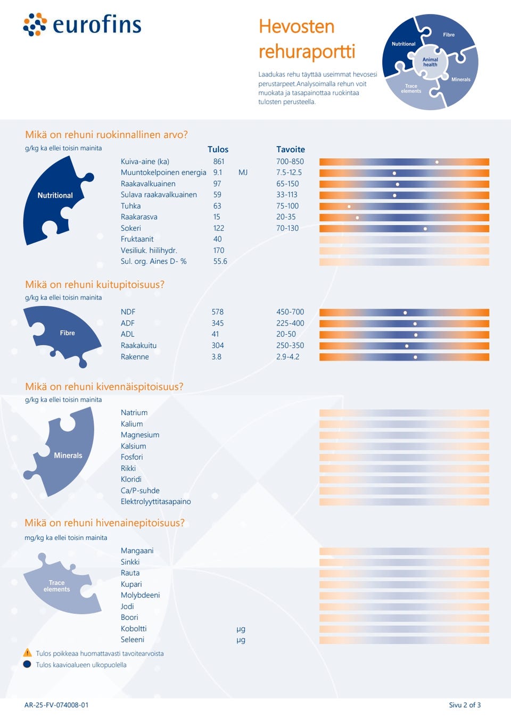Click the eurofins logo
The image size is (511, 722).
pos(83,24)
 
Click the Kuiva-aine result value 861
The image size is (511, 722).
pos(219,162)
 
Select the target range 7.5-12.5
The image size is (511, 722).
pos(289,173)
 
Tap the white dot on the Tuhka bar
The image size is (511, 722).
pos(349,206)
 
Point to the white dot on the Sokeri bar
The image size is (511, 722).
pos(425,229)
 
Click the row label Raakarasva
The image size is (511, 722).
pos(139,217)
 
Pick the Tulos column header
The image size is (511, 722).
pos(218,150)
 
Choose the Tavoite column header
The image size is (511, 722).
pos(291,150)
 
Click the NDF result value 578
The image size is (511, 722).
pos(217,312)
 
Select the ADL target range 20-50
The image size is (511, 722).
pos(286,334)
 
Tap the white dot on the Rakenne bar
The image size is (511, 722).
pos(415,357)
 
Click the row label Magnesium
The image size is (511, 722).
pos(140,435)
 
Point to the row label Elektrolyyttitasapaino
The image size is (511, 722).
pos(155,502)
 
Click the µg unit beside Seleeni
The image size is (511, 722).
pos(241,640)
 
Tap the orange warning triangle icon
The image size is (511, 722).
pos(28,653)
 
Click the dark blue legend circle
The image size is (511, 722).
pos(27,664)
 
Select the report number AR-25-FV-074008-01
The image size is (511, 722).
pos(56,705)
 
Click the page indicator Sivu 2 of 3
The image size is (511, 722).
pos(465,705)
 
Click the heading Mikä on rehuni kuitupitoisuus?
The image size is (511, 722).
pos(95,285)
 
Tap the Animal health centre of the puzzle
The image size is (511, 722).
pos(430,62)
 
